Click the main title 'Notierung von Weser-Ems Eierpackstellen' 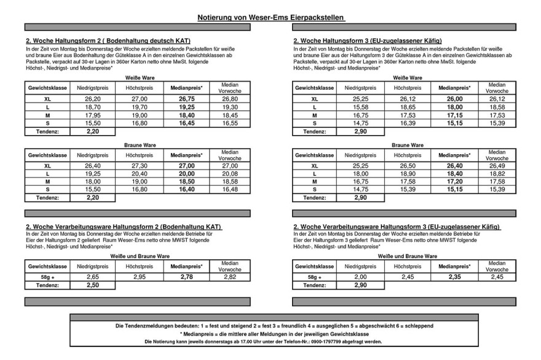click(270, 18)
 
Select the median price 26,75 click(186, 98)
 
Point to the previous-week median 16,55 click(229, 123)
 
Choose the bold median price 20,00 click(186, 174)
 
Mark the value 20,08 click(229, 174)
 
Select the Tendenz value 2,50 click(93, 285)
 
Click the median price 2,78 click(186, 277)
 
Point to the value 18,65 click(406, 107)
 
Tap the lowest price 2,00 click(360, 277)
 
